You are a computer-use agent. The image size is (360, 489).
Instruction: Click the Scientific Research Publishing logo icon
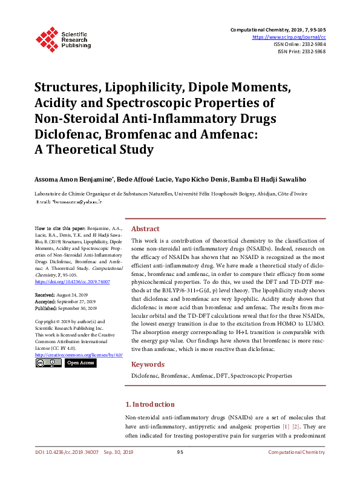47,38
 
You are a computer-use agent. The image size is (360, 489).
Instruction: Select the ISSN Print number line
301,51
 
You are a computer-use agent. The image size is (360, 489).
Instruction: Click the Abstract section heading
145,229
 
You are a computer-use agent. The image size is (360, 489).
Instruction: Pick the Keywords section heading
148,364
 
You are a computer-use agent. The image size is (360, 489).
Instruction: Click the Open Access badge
80,363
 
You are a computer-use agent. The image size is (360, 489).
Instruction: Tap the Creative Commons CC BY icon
48,363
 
